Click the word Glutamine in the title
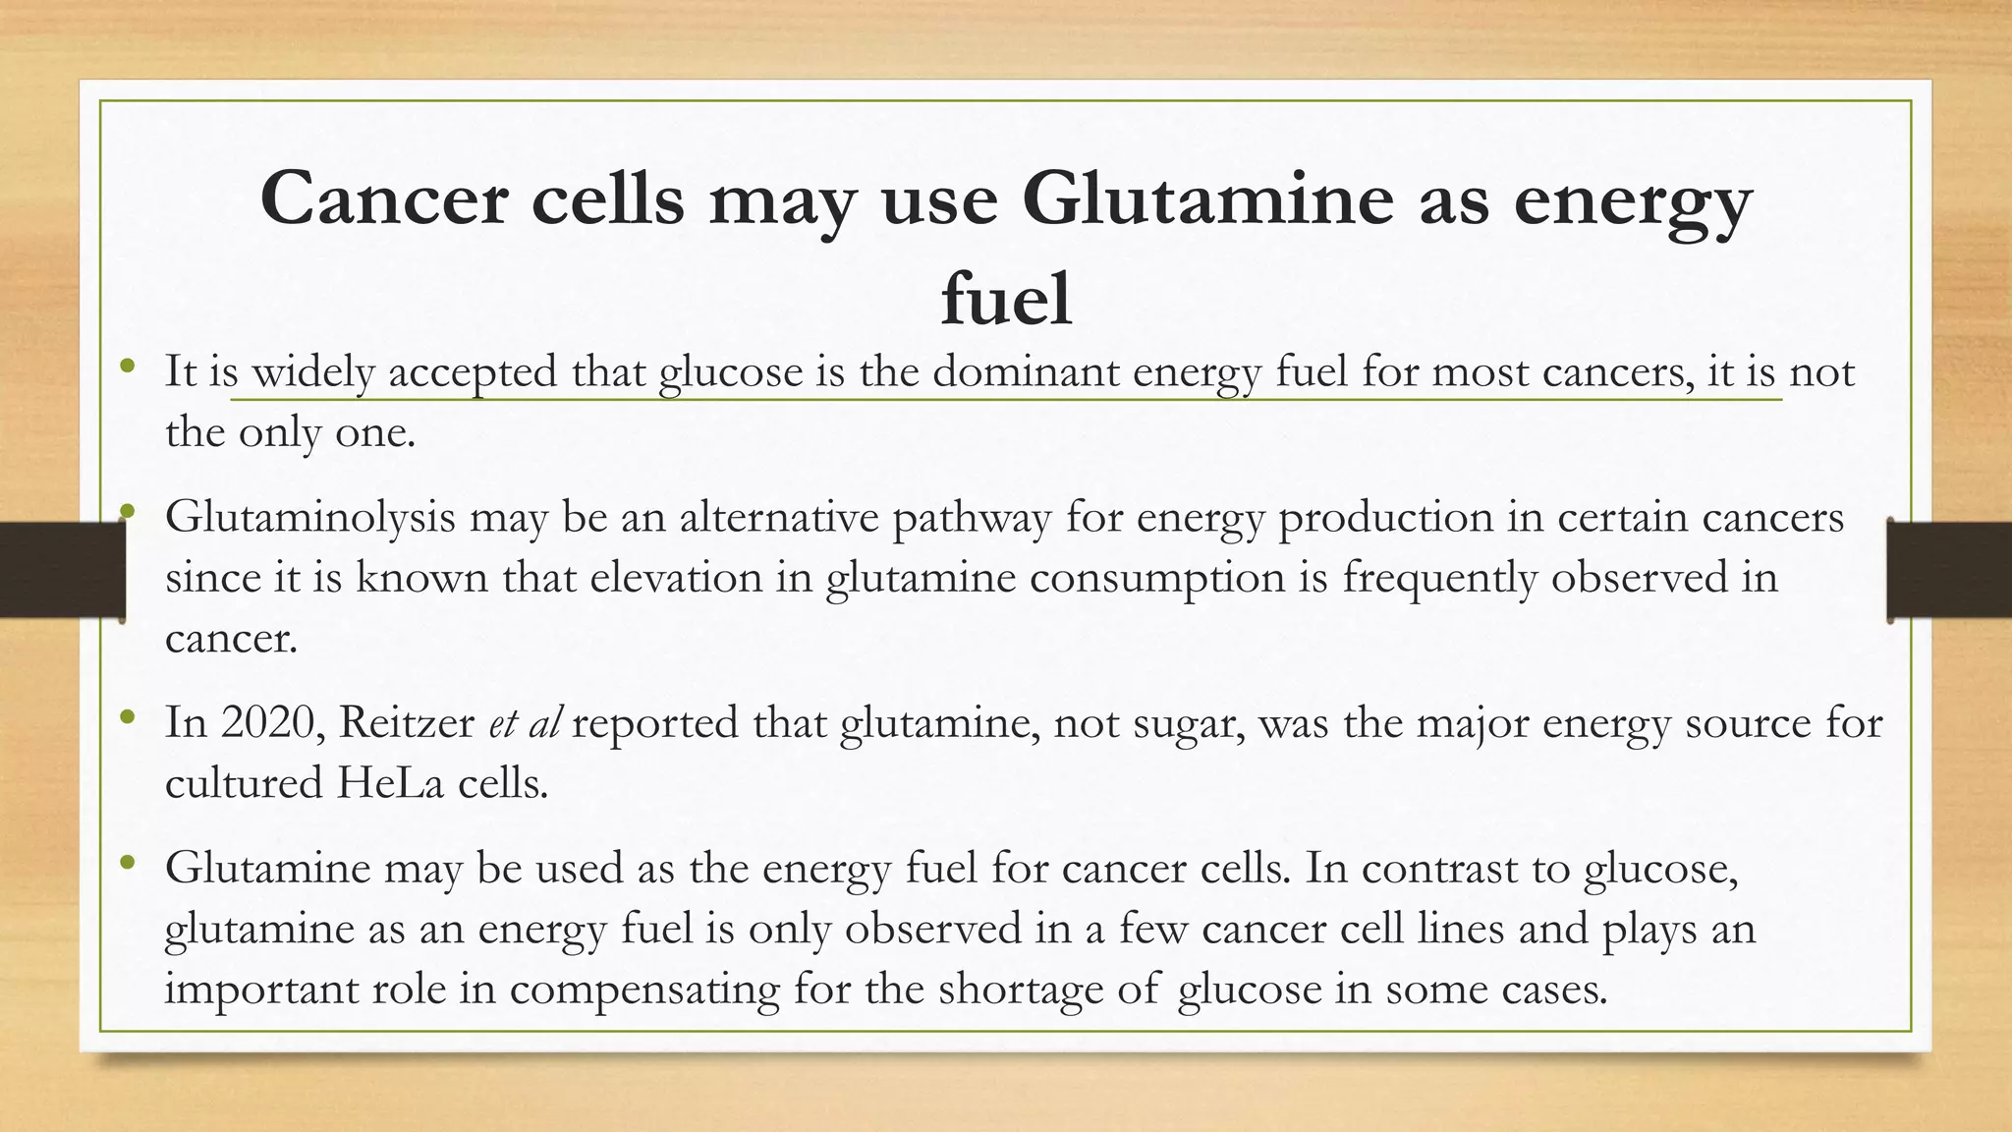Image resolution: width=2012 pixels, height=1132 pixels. (x=1207, y=198)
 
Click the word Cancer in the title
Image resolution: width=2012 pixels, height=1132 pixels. (x=384, y=198)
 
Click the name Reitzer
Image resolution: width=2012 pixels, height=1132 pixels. (x=407, y=723)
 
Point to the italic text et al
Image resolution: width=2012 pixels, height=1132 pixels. (x=525, y=723)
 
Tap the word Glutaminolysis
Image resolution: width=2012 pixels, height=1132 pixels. (x=309, y=518)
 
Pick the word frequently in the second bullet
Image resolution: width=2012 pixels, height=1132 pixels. (x=1439, y=578)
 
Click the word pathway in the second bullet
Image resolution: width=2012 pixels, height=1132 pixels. (x=972, y=518)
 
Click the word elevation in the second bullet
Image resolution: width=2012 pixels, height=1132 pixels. (x=676, y=577)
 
